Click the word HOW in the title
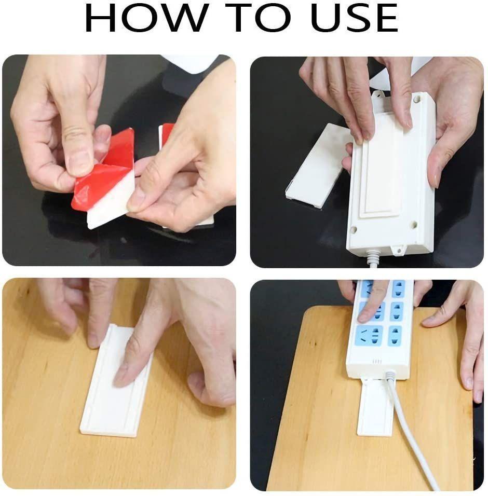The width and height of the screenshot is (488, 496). point(144,19)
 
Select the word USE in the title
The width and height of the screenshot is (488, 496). point(354,19)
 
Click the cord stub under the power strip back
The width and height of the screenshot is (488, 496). point(373,258)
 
